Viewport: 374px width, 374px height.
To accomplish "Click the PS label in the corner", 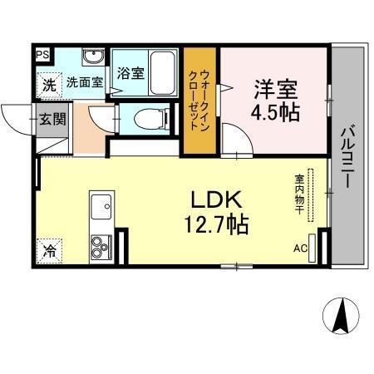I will coord(42,56).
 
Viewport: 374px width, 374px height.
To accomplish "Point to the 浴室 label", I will coord(130,72).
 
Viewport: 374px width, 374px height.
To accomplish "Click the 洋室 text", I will coord(275,87).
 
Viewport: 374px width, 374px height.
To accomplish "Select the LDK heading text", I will coord(217,199).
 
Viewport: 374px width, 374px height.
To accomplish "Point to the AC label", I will coord(299,247).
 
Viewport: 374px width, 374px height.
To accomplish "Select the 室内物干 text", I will coord(298,194).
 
